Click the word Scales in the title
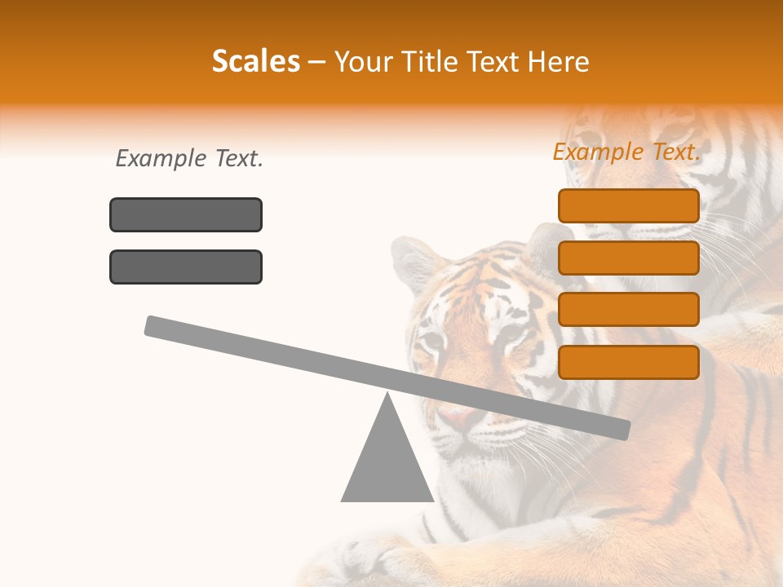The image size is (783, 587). click(255, 61)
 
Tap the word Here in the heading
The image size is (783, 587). click(559, 61)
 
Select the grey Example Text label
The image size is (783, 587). click(189, 159)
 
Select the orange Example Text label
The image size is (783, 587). click(626, 152)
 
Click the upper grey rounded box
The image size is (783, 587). click(186, 214)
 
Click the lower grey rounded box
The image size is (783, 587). click(186, 267)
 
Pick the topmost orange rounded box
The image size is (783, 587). click(628, 205)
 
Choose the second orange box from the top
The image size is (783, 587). click(628, 258)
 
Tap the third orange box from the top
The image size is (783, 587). click(628, 310)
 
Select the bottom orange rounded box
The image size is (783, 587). click(628, 362)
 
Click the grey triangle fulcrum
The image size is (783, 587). click(387, 465)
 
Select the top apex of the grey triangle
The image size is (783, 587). click(387, 395)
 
